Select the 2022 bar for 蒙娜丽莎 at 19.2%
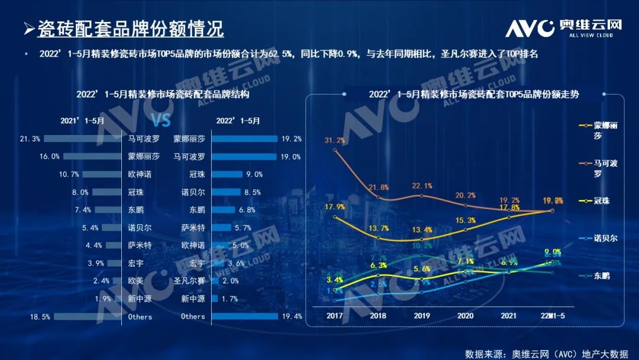244,139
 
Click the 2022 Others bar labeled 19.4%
245,316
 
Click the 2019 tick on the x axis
421,315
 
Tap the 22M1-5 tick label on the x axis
553,315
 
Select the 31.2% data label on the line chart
335,140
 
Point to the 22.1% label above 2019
421,186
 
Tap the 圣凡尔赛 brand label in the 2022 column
189,281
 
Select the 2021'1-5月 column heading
82,121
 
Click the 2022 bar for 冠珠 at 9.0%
227,175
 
